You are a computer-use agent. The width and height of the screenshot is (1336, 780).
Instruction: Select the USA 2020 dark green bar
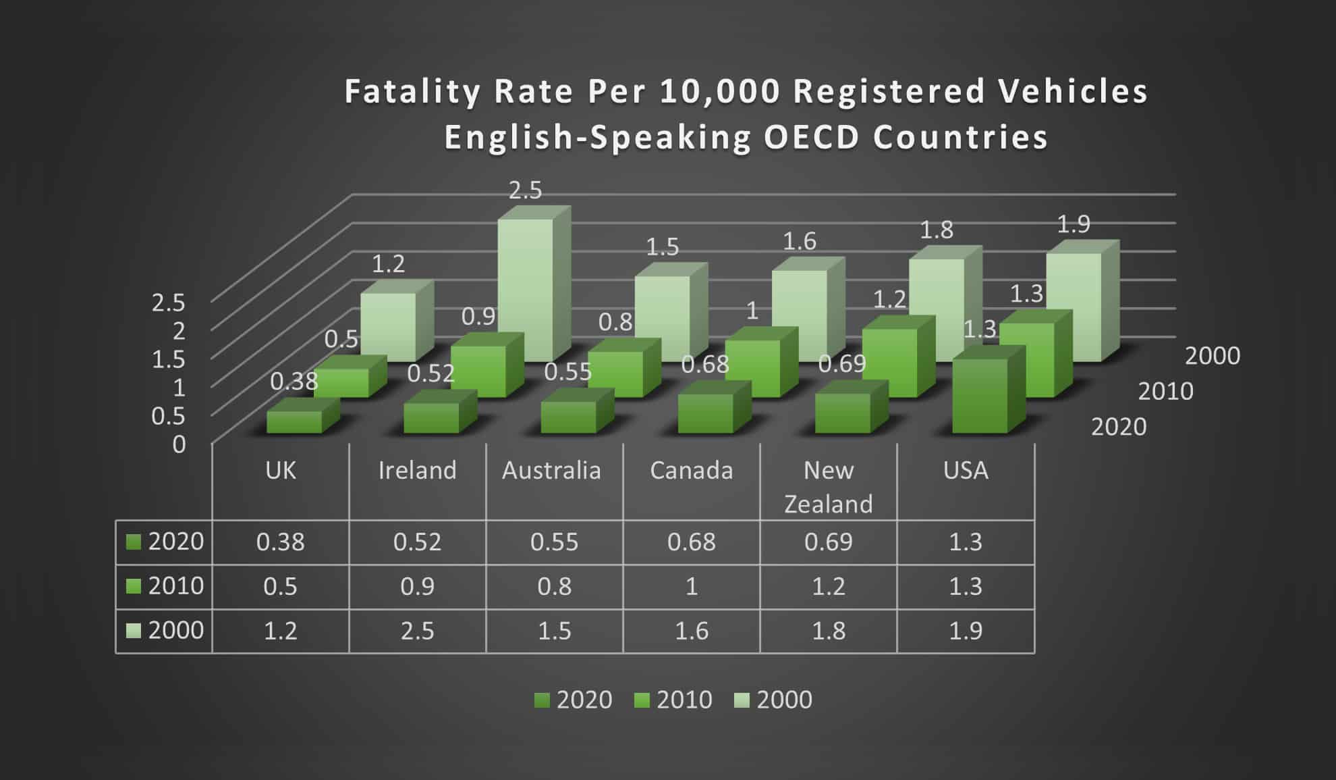click(979, 397)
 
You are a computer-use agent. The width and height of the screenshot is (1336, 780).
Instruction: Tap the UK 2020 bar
click(294, 422)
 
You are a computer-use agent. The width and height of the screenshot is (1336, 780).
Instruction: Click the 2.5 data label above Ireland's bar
click(525, 190)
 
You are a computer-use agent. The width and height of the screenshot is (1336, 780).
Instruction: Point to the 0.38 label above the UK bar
click(294, 382)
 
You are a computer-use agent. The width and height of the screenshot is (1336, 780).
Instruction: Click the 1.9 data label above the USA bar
click(1073, 224)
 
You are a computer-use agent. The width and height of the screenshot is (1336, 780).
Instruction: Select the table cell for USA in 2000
click(965, 631)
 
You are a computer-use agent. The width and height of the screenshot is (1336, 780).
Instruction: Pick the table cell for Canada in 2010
click(691, 586)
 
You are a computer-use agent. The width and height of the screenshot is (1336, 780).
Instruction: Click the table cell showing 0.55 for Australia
click(554, 542)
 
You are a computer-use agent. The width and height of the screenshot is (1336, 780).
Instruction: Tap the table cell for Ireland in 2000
click(417, 631)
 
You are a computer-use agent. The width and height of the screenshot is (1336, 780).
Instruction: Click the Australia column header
click(551, 471)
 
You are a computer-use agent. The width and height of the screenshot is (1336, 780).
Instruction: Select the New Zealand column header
click(828, 486)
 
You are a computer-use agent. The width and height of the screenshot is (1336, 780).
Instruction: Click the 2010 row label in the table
click(175, 586)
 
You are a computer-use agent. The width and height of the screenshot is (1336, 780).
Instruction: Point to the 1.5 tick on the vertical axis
click(168, 359)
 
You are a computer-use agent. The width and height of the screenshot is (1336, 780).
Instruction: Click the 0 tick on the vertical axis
click(179, 444)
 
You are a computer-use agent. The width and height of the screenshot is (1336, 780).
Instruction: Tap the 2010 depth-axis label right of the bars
click(1165, 391)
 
